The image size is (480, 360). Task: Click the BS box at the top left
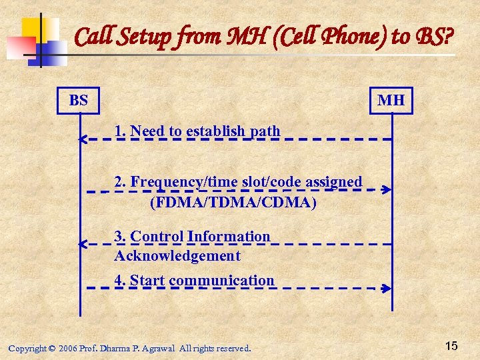pos(78,101)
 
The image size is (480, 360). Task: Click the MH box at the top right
pos(391,101)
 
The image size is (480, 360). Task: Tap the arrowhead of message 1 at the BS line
pos(83,139)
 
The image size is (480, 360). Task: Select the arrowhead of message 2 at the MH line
pos(387,189)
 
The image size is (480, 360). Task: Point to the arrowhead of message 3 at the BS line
pos(83,245)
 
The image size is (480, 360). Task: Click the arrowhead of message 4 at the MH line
pos(387,288)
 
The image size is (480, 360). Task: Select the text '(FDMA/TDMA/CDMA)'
pos(233,201)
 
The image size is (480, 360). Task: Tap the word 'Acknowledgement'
pos(177,255)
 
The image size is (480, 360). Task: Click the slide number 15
pos(451,345)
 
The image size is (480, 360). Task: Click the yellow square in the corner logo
pos(35,30)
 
